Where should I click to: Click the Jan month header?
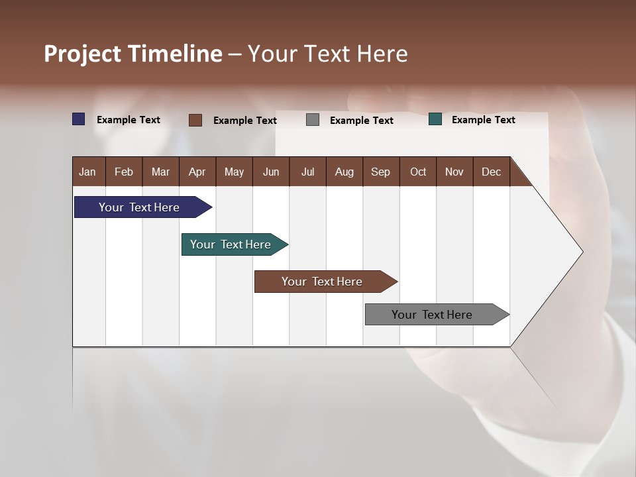pos(88,172)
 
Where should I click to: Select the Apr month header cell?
pos(197,172)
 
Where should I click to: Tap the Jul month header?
pos(307,172)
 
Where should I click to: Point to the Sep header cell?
pos(381,172)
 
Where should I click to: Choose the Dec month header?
pos(491,172)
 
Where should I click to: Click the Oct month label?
pos(417,172)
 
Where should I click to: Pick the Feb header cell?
pos(124,172)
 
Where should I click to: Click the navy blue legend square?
pos(79,119)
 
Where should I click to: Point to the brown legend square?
pos(195,120)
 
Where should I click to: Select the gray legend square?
pos(313,120)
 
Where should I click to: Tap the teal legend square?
pos(435,119)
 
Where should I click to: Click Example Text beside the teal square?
pos(483,120)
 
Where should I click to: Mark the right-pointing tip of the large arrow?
pos(581,252)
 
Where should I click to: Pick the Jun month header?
pos(271,172)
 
